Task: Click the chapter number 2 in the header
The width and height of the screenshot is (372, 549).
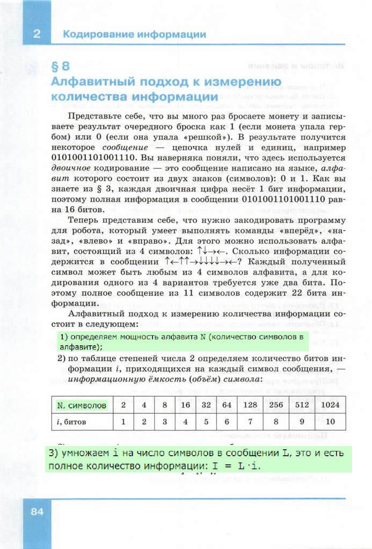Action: [37, 34]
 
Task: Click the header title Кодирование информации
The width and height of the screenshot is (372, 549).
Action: [134, 34]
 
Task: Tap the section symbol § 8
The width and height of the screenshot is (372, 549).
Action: [60, 67]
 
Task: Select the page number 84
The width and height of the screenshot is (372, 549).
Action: [37, 511]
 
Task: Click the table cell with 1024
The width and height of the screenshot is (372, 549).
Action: [330, 405]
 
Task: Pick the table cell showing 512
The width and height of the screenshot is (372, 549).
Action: [302, 405]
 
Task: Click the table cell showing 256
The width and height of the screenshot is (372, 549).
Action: [276, 405]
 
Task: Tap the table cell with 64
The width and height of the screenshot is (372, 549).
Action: [227, 405]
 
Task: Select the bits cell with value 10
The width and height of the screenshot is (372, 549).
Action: [330, 421]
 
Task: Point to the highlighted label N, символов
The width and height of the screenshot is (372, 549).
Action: [81, 405]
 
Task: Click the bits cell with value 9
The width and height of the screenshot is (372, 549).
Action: [302, 421]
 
